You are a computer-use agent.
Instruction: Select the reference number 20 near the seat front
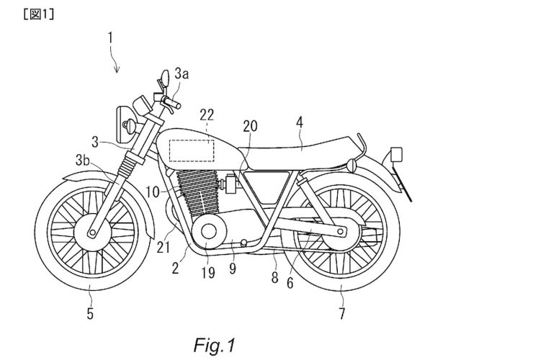pos(250,125)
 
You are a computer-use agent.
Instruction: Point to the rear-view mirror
pos(164,75)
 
